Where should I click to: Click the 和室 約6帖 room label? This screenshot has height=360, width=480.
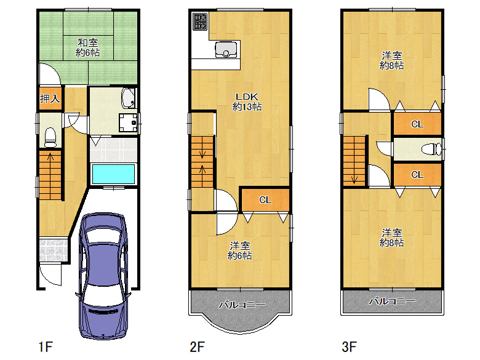(x=88, y=47)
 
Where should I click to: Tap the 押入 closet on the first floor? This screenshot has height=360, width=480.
(x=50, y=98)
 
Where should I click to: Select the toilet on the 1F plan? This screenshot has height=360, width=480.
(x=50, y=138)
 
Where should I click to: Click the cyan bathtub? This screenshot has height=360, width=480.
(x=113, y=174)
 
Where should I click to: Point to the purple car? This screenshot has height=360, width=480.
(x=103, y=276)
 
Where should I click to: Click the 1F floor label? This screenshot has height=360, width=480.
(x=46, y=347)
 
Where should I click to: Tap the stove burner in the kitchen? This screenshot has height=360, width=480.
(x=200, y=22)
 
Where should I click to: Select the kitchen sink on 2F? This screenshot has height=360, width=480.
(x=226, y=50)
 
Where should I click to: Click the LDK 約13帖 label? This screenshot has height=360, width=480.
(x=247, y=102)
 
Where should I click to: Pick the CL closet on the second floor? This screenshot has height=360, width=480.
(x=265, y=199)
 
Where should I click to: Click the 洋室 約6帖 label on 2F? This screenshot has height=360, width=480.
(x=240, y=250)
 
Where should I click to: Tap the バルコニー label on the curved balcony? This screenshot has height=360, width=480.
(x=242, y=305)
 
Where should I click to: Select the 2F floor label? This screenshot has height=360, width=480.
(x=197, y=347)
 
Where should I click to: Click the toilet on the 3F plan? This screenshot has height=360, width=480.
(x=431, y=150)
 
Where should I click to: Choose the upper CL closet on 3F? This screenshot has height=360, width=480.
(x=417, y=124)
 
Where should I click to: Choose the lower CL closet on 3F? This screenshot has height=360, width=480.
(x=417, y=175)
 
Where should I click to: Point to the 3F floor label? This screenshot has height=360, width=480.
(x=349, y=347)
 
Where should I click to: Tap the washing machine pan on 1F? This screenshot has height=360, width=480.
(x=128, y=122)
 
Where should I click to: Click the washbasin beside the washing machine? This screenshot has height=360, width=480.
(x=129, y=98)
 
